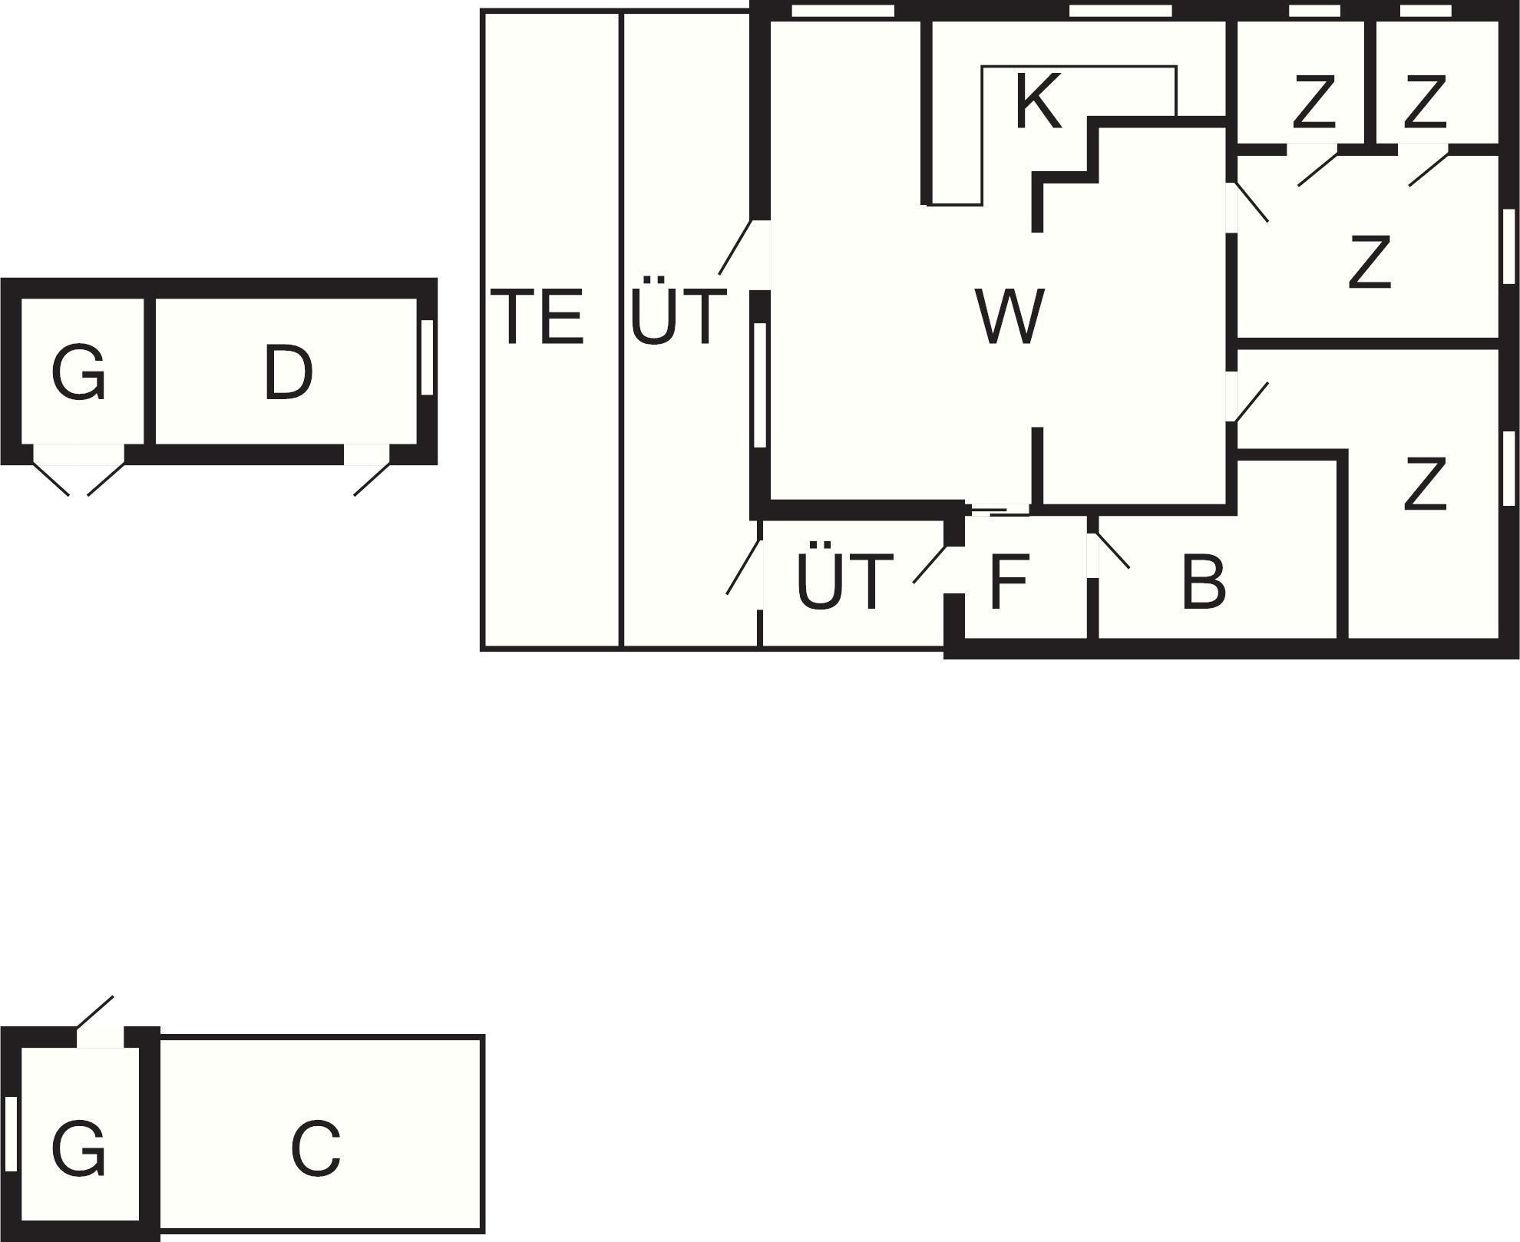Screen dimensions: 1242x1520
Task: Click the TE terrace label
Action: [x=537, y=315]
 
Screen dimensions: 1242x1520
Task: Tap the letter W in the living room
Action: [x=1009, y=315]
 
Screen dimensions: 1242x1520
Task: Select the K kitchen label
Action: [x=1038, y=101]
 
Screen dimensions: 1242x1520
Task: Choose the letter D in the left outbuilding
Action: [x=288, y=373]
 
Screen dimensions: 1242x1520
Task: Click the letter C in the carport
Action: [x=316, y=1149]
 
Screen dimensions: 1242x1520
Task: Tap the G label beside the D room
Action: [x=78, y=373]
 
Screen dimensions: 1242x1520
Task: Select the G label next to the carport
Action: [x=78, y=1149]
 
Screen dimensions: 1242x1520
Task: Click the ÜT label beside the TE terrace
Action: [x=678, y=315]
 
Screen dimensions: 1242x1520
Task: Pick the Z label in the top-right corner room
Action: [x=1426, y=101]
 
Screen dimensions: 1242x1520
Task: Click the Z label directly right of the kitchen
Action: [x=1314, y=101]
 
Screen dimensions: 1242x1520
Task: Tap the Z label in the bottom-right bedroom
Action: [x=1426, y=484]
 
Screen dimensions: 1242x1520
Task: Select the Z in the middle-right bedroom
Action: [x=1370, y=263]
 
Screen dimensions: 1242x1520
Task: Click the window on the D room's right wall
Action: [x=428, y=358]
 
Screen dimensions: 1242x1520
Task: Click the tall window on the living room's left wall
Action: [x=760, y=385]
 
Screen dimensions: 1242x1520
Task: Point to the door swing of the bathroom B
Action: [x=1113, y=550]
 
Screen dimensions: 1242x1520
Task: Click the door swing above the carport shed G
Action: [x=95, y=1012]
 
